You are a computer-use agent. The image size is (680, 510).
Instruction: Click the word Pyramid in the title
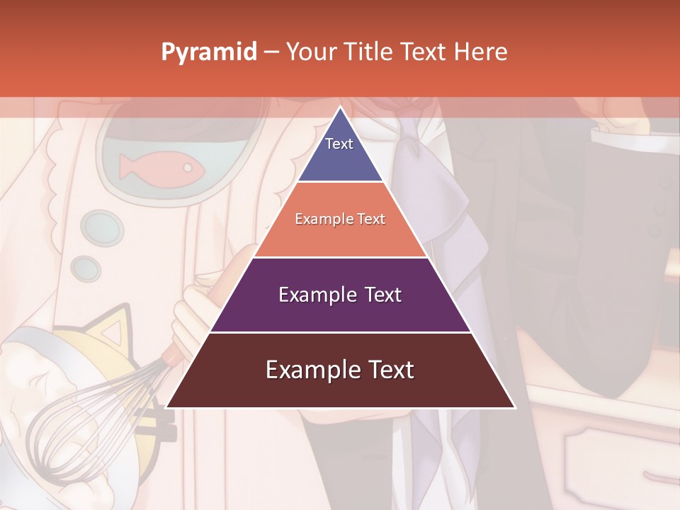pyautogui.click(x=208, y=52)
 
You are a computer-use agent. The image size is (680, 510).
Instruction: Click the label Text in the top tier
pyautogui.click(x=339, y=144)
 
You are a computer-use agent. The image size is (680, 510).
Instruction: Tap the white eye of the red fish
pyautogui.click(x=188, y=168)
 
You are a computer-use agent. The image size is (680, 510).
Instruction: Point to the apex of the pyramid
pyautogui.click(x=340, y=108)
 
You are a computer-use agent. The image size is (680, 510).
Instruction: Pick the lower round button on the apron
pyautogui.click(x=86, y=268)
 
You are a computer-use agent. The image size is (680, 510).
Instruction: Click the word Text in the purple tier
pyautogui.click(x=383, y=295)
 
